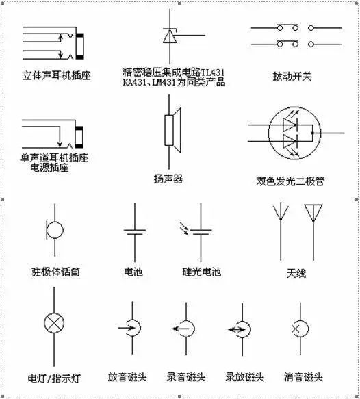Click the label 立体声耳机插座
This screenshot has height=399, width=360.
pyautogui.click(x=55, y=71)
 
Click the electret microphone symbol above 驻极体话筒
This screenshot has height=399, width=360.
pyautogui.click(x=54, y=230)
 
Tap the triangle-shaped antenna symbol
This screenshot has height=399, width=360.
pyautogui.click(x=316, y=212)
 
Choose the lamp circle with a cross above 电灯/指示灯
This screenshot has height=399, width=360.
pyautogui.click(x=54, y=322)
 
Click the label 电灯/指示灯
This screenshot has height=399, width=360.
pyautogui.click(x=55, y=377)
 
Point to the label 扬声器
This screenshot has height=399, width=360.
pyautogui.click(x=168, y=179)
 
